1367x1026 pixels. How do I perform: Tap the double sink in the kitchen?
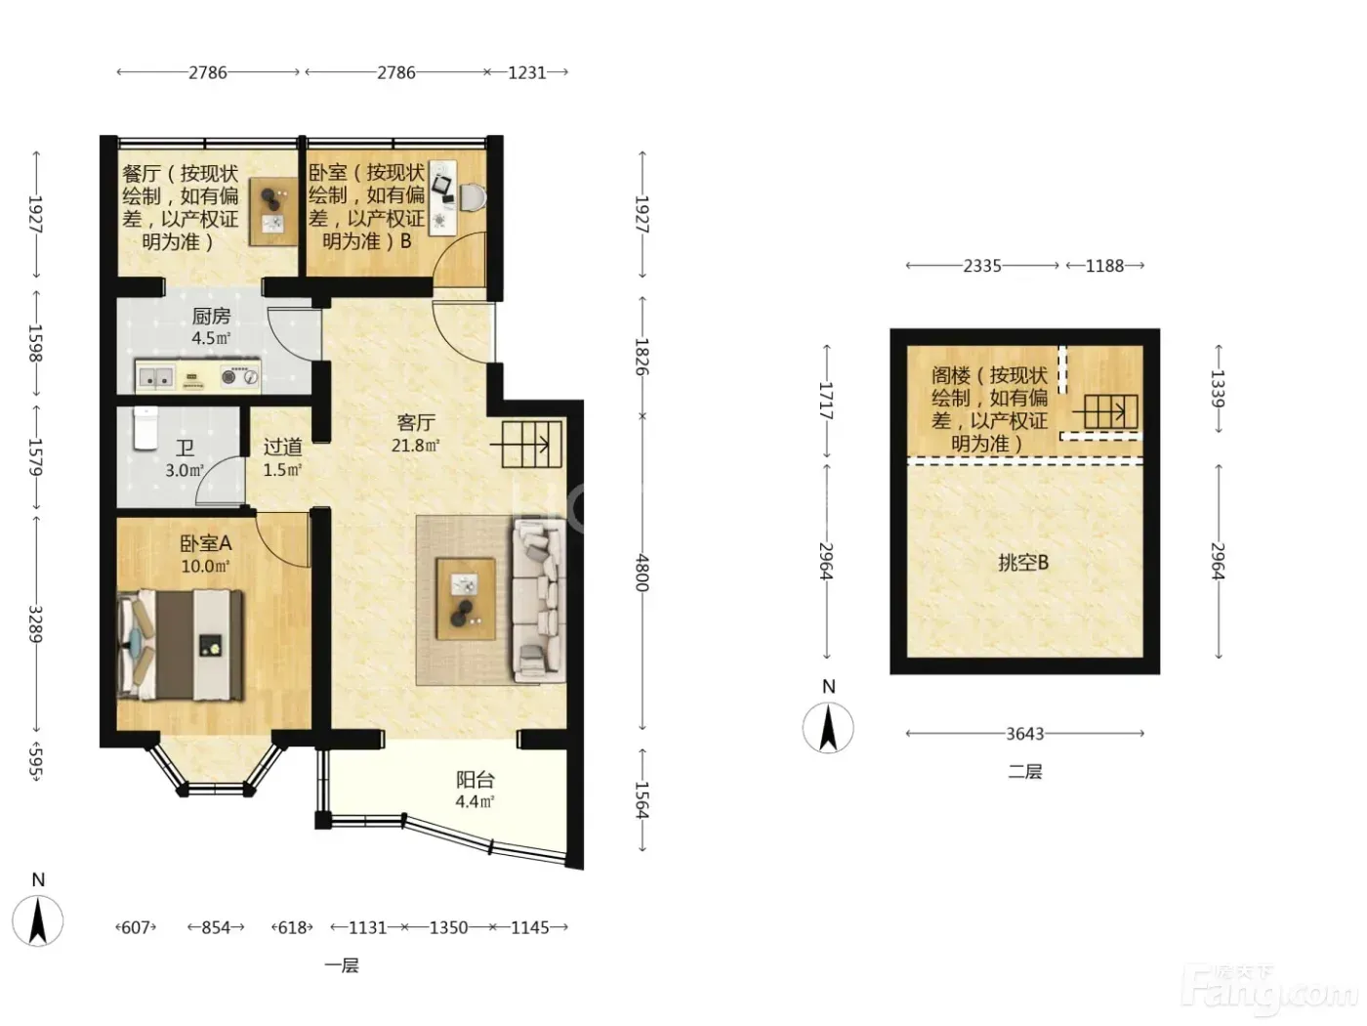coord(155,377)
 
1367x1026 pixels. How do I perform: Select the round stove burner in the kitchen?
coord(229,376)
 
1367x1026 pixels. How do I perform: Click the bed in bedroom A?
coord(180,645)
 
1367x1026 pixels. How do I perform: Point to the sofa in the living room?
coord(539,601)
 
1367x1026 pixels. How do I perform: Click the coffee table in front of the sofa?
coord(466,599)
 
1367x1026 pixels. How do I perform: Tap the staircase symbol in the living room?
coord(531,445)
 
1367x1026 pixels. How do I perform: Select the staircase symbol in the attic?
coord(1105,411)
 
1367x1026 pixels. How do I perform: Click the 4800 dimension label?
coord(642,573)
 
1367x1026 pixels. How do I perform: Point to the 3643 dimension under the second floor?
coord(1025,733)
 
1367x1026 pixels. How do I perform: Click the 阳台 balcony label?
coord(476,780)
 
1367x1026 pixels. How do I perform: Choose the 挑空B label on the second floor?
coord(1023,563)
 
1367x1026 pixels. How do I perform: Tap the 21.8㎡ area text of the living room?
coord(415,446)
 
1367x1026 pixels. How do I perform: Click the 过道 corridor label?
coord(282,446)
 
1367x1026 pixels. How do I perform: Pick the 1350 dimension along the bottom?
coord(448,927)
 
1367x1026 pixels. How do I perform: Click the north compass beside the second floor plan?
coord(828,727)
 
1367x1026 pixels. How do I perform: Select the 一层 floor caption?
coord(342,965)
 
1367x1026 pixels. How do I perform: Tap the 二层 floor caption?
coord(1024,771)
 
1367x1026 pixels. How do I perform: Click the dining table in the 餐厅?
coord(274,212)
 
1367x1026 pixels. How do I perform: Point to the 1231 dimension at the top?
coord(527,73)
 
